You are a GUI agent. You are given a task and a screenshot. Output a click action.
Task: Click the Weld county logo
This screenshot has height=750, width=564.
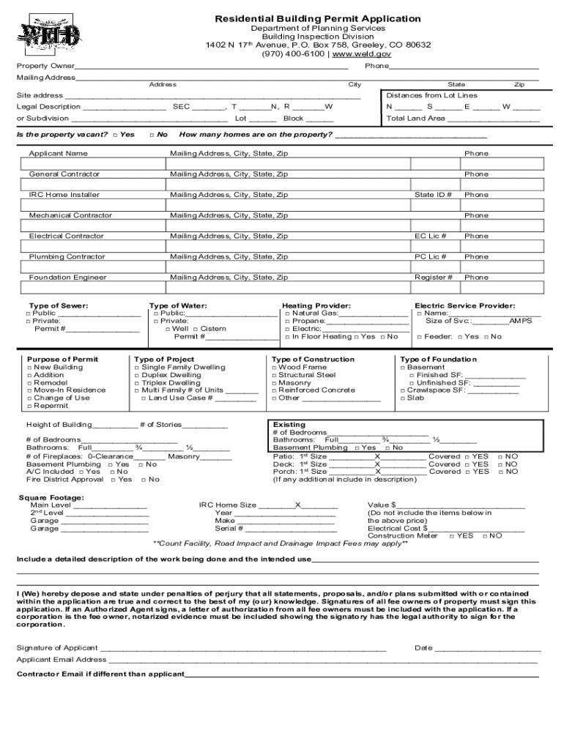point(48,34)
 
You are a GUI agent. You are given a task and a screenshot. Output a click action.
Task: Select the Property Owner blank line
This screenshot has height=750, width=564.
point(212,67)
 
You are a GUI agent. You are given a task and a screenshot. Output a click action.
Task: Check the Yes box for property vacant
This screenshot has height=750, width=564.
point(116,135)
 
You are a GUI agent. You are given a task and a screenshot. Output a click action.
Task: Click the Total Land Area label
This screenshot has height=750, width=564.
point(415,118)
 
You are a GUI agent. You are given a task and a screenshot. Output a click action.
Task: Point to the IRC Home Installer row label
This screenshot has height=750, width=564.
point(64,195)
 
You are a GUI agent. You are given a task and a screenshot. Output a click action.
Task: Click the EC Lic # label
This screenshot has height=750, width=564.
point(431,236)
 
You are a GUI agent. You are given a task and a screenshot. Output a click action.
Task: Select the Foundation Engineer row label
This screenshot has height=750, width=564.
point(67,278)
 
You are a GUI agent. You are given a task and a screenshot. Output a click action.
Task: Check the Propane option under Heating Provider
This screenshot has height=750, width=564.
point(288,321)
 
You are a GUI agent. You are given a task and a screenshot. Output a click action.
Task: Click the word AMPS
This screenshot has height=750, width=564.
point(521,321)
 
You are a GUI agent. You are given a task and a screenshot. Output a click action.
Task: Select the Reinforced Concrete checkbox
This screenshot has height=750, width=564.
point(275,390)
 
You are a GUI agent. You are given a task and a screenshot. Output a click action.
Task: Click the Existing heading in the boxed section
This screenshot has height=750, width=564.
point(289,425)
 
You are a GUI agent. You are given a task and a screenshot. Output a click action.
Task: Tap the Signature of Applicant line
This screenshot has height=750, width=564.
point(242,648)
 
